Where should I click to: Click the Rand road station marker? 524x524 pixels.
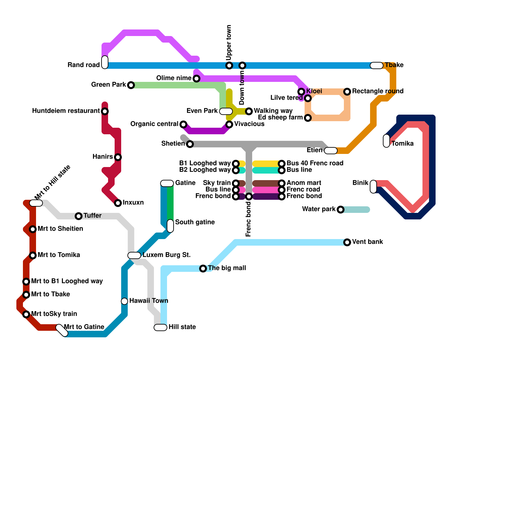click(105, 62)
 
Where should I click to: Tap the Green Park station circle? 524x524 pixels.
click(131, 85)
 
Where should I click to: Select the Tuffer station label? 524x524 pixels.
click(92, 215)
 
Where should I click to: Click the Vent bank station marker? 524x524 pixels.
click(347, 242)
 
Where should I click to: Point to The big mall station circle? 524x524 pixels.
click(203, 269)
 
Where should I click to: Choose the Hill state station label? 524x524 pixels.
click(182, 327)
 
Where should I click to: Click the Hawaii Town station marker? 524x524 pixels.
click(124, 301)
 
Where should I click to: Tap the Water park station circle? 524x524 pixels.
click(341, 210)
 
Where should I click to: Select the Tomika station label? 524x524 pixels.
click(402, 143)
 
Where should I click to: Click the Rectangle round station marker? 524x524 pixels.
click(347, 92)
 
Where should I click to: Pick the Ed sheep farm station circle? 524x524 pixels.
click(308, 118)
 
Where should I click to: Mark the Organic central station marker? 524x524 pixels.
click(183, 124)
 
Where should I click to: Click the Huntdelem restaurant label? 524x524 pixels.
click(66, 111)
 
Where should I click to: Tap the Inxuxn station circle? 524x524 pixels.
click(118, 203)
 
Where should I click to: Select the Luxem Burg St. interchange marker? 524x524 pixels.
click(134, 255)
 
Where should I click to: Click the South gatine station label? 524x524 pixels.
click(195, 222)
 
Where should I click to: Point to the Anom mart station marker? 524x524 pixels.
click(282, 183)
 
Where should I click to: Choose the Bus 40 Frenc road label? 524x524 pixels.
click(315, 163)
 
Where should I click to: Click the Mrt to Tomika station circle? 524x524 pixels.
click(33, 255)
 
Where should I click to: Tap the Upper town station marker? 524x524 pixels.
click(229, 65)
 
